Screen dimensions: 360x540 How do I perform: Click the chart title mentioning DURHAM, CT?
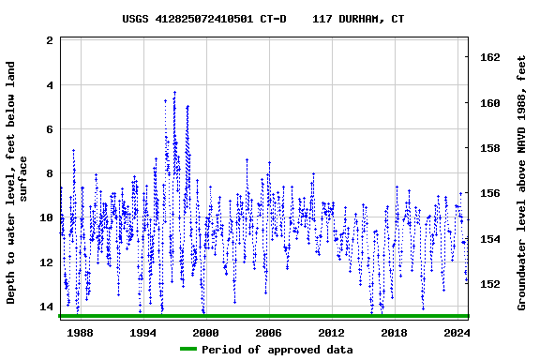point(263,19)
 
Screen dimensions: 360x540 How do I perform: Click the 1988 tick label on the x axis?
point(81,333)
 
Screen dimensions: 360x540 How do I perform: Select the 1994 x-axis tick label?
point(142,333)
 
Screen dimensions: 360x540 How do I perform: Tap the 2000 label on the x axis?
point(205,333)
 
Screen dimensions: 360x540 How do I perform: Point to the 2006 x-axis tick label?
point(268,333)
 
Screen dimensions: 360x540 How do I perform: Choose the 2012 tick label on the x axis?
point(331,333)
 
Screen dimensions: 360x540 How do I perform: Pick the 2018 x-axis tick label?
point(394,333)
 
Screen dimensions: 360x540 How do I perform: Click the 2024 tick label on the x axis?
point(456,333)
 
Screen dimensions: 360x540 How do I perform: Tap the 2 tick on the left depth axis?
point(49,41)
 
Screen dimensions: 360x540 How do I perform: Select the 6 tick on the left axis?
point(49,129)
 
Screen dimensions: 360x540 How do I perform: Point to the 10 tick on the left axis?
point(46,218)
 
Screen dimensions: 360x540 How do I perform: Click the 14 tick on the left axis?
point(46,307)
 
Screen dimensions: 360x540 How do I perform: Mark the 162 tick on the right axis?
point(490,57)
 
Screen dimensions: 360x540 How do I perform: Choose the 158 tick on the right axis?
point(490,148)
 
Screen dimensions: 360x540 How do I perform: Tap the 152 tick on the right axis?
point(490,284)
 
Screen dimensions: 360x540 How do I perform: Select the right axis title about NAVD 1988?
point(521,182)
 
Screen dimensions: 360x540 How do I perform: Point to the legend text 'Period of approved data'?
point(277,350)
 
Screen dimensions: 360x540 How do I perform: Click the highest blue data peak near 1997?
point(174,92)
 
